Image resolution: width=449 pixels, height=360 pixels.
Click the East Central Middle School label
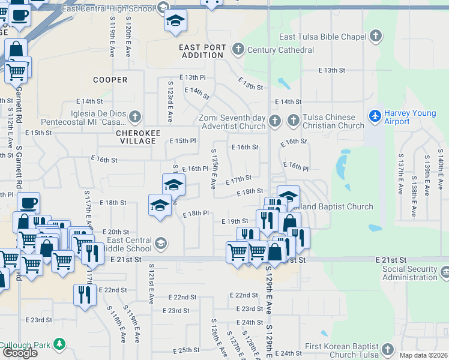(x=129, y=244)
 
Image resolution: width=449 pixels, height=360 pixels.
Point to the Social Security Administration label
(x=411, y=273)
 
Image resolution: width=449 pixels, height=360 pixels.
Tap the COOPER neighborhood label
(x=110, y=80)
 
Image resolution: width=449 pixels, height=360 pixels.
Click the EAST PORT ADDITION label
(x=203, y=51)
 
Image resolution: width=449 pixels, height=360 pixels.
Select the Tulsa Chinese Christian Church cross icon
(x=294, y=121)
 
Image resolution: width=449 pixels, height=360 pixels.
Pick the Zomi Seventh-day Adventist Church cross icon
(x=275, y=121)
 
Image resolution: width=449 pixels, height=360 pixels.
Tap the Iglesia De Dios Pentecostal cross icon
(x=135, y=116)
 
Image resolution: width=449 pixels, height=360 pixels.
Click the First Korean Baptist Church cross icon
(x=388, y=349)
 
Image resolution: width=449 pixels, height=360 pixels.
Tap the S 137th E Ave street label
(x=400, y=174)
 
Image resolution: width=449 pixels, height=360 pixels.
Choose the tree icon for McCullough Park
(x=59, y=344)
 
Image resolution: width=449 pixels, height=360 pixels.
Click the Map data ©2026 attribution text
(x=423, y=355)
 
